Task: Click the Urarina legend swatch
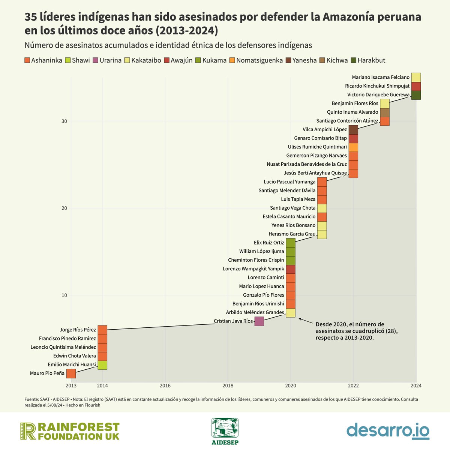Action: [95, 60]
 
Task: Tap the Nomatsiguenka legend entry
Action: [259, 60]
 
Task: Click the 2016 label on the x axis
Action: [165, 385]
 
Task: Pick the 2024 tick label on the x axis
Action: [416, 385]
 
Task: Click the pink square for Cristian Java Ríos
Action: [259, 321]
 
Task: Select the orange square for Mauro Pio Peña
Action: [71, 373]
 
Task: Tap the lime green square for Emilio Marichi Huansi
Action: [102, 365]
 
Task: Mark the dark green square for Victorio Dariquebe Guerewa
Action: [416, 95]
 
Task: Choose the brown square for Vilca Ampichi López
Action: [353, 130]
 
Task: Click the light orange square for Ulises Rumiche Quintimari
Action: [353, 147]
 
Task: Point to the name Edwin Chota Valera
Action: [75, 356]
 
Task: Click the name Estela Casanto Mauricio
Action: [289, 217]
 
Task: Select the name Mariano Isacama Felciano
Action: [381, 78]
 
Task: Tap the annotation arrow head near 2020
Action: [300, 319]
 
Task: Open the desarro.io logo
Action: [388, 431]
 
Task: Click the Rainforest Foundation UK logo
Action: [70, 431]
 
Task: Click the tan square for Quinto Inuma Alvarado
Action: [385, 112]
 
